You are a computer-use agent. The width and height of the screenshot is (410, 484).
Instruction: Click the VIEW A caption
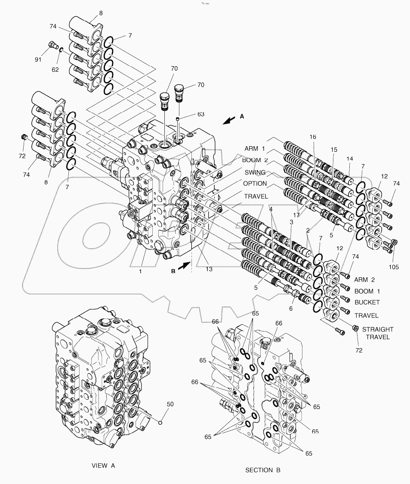pyautogui.click(x=104, y=466)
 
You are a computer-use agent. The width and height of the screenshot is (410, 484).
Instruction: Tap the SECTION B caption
pyautogui.click(x=262, y=470)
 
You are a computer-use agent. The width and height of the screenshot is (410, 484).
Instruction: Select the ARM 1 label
pyautogui.click(x=255, y=149)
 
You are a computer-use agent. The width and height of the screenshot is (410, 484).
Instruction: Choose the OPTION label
pyautogui.click(x=255, y=184)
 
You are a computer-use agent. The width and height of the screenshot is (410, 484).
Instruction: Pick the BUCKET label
pyautogui.click(x=367, y=303)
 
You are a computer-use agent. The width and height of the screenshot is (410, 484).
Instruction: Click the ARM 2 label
pyautogui.click(x=367, y=280)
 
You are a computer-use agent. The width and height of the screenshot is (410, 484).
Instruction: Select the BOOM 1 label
pyautogui.click(x=367, y=291)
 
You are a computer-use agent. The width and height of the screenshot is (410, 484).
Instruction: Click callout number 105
pyautogui.click(x=393, y=267)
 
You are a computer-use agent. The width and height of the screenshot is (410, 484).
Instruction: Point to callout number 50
pyautogui.click(x=170, y=404)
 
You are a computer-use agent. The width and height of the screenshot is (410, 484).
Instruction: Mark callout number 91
pyautogui.click(x=38, y=59)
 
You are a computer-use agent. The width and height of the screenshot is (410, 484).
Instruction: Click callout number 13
pyautogui.click(x=209, y=269)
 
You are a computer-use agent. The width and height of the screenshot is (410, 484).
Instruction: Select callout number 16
pyautogui.click(x=312, y=137)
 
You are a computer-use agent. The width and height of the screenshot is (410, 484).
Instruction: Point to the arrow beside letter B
pyautogui.click(x=182, y=266)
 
